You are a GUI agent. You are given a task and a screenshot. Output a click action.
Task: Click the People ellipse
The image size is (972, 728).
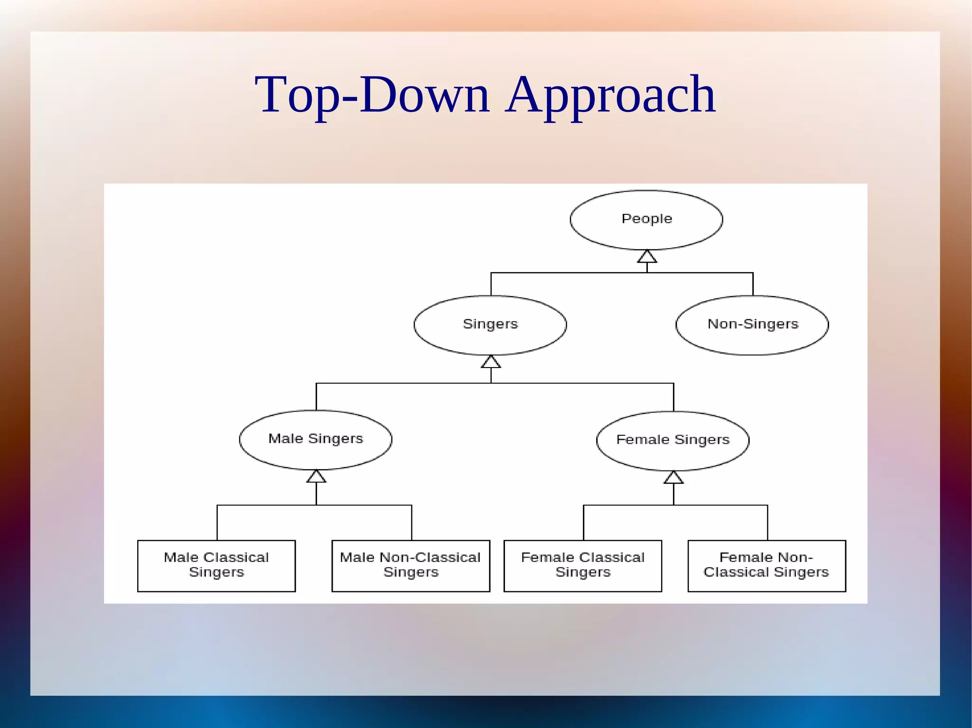[x=646, y=220]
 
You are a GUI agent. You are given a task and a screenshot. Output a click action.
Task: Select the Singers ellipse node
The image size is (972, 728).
[x=490, y=325]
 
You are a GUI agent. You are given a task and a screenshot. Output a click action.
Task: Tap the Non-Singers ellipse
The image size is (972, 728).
[x=752, y=325]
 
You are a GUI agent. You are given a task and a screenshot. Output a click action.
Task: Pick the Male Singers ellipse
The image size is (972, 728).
[x=316, y=440]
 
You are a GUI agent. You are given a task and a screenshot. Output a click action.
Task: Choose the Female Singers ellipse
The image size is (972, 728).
[x=673, y=441]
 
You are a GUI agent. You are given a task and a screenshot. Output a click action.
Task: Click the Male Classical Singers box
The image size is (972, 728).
[x=216, y=565]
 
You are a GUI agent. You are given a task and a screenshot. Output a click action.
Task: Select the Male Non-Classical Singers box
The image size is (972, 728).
[x=411, y=565]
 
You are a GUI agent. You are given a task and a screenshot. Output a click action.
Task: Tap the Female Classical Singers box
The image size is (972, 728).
[x=583, y=565]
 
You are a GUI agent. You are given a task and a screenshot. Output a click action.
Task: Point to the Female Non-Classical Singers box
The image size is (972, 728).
[x=766, y=565]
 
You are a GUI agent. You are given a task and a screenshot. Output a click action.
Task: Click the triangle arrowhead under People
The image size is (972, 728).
[x=647, y=257]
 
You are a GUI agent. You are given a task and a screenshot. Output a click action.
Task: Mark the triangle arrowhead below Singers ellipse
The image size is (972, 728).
[x=491, y=362]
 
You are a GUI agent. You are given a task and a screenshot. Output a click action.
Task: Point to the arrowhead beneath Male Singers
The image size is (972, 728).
[x=316, y=477]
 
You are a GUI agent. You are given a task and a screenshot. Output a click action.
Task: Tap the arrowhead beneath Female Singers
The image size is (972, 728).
[x=673, y=478]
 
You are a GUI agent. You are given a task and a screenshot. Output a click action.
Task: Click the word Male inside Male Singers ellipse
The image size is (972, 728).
[x=285, y=439]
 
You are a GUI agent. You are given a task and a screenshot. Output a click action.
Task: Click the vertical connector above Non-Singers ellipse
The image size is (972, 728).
[x=753, y=284]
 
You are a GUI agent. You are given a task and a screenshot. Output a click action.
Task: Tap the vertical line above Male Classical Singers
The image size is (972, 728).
[x=217, y=523]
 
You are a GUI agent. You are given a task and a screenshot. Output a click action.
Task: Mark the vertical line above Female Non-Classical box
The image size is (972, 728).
[x=767, y=523]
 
